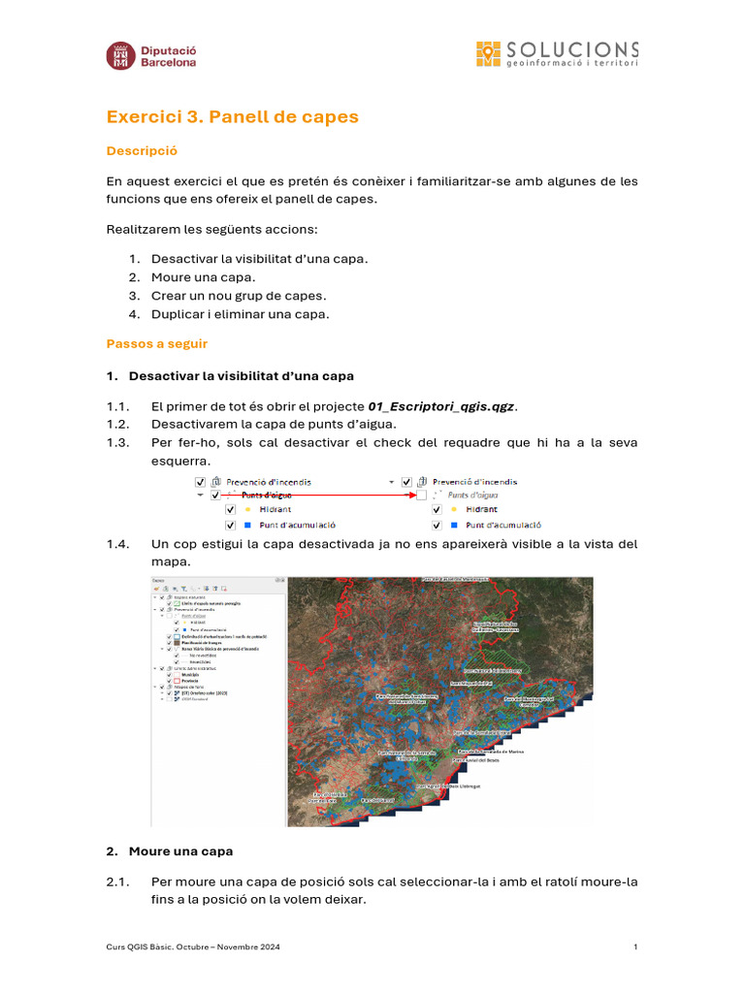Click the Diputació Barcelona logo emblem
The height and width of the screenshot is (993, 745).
pos(120,54)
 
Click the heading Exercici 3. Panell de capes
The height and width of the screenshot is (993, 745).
pos(232,117)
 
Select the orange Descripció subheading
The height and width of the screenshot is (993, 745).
pos(142,151)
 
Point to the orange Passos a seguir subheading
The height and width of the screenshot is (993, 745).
pos(156,343)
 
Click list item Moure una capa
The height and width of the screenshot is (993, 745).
pos(204,277)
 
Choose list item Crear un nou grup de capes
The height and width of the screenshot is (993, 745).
pos(239,296)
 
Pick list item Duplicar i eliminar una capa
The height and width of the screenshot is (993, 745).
pos(240,314)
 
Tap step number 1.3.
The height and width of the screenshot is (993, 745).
pos(117,442)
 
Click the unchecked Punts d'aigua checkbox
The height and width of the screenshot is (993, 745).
pos(421,495)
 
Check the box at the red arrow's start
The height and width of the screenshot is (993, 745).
pos(213,495)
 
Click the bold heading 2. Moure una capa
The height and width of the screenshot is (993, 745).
pos(170,851)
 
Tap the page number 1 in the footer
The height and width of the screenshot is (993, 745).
pos(635,946)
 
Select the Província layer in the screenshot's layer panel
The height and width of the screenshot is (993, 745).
pos(189,681)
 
